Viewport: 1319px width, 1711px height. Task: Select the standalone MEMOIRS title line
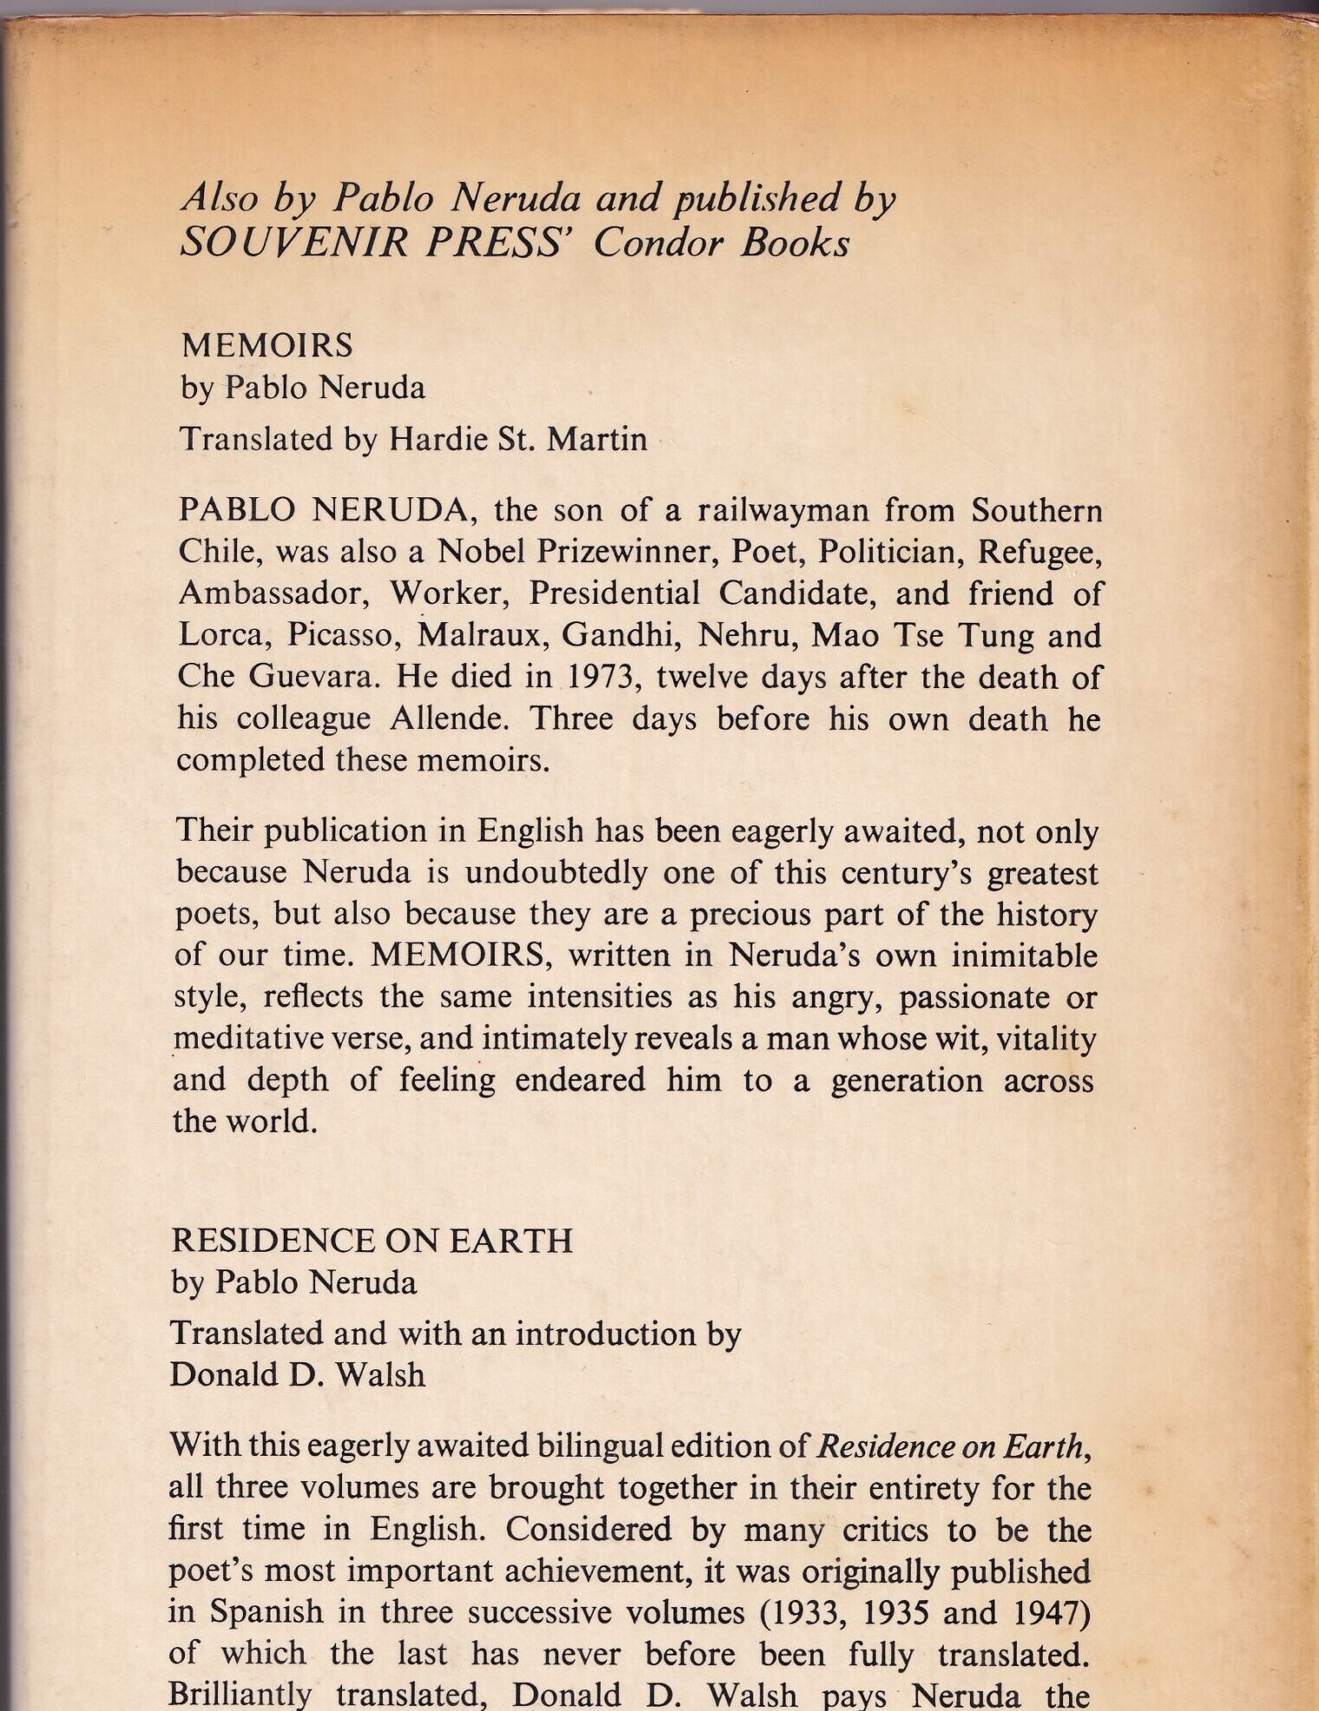266,345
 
